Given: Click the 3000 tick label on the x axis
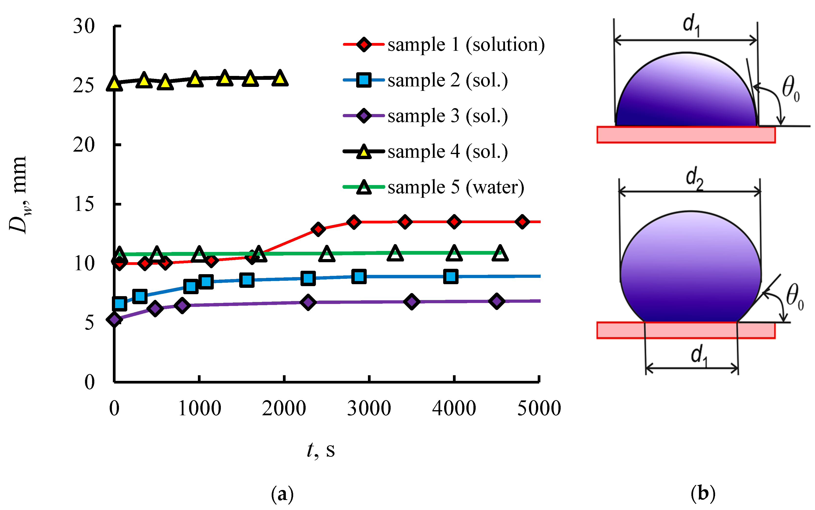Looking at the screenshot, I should click(x=369, y=408).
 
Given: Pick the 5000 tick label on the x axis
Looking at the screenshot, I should click(x=539, y=408).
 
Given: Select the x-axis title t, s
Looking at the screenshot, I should click(x=321, y=450).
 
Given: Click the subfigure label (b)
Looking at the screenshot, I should click(x=703, y=493).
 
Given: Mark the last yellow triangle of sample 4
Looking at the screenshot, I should click(x=280, y=78).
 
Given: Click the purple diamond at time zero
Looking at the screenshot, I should click(x=114, y=319).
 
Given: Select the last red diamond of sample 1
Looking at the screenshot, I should click(x=522, y=222).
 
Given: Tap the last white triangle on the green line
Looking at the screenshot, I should click(x=500, y=254).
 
